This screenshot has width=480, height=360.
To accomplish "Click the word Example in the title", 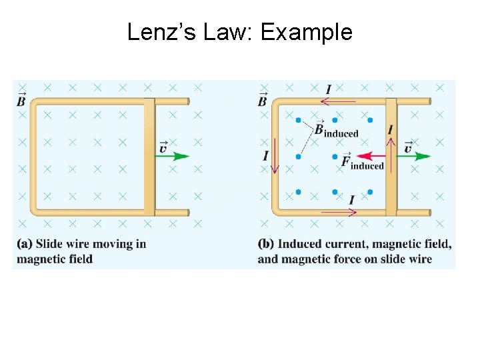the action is (x=306, y=31).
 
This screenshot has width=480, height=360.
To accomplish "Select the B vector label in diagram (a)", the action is (x=22, y=100).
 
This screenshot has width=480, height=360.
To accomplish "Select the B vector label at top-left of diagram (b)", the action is (x=263, y=100).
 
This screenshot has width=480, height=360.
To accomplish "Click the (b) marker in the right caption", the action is (x=266, y=244).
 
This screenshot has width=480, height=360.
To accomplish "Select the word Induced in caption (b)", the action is (x=299, y=244).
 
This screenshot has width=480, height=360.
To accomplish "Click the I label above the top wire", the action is (x=328, y=89).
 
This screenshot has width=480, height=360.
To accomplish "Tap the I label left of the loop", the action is (x=265, y=156).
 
